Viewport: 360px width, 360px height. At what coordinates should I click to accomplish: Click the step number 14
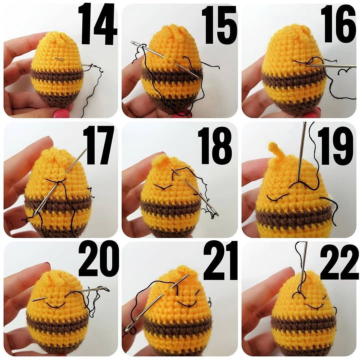point(97,24)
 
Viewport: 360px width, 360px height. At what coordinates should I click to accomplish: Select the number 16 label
point(338,24)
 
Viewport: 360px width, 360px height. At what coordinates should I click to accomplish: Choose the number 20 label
point(99,258)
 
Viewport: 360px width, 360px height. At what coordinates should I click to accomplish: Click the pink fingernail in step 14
point(61,113)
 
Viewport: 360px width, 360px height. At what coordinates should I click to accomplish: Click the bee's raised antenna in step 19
point(275,149)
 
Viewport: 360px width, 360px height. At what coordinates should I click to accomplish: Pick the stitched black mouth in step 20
point(55,305)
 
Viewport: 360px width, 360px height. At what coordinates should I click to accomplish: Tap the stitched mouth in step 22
point(315,306)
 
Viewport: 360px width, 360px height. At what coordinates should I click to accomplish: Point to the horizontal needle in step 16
point(332,66)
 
